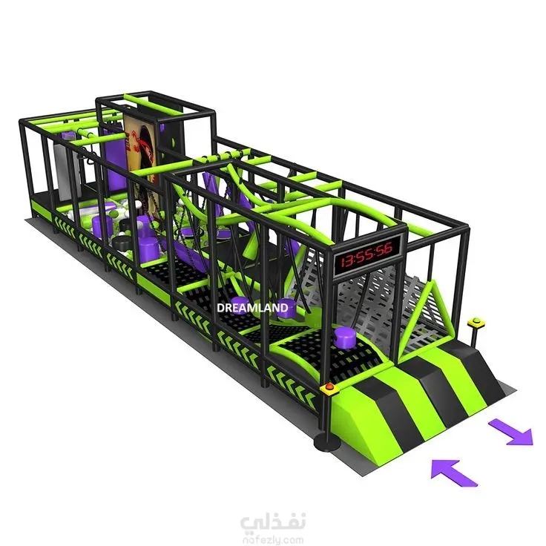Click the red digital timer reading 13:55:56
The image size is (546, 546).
pos(366,254)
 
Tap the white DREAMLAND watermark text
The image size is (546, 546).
pos(252,308)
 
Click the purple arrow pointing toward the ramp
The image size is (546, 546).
pos(454,473)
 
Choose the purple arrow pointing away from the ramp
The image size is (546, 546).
pos(511,432)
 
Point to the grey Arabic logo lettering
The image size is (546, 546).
pos(273,522)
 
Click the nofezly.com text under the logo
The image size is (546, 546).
pos(273,540)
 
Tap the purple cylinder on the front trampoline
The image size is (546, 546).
pos(344,338)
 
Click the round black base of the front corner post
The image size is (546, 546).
pos(326,443)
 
